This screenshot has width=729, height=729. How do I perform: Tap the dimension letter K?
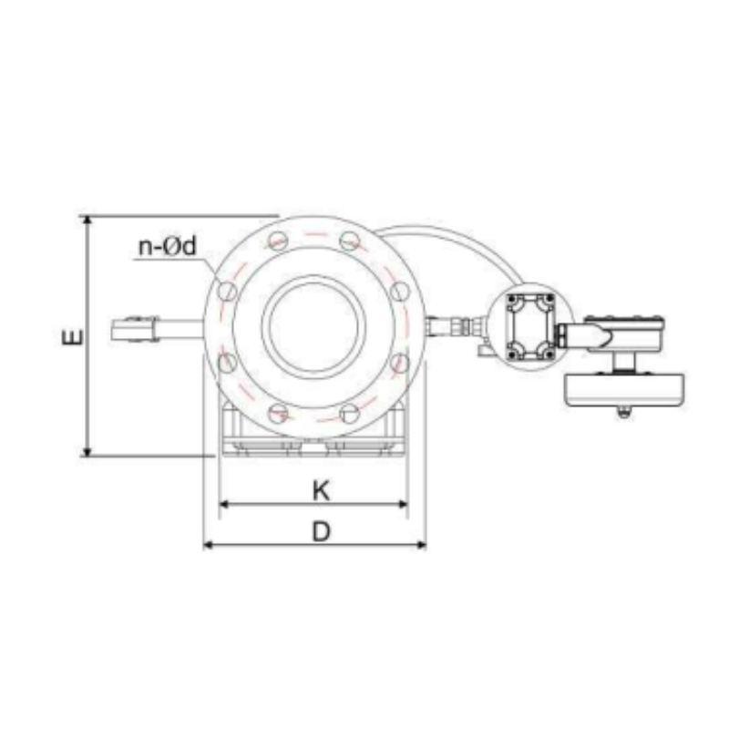321,490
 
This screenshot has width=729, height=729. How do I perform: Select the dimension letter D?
321,531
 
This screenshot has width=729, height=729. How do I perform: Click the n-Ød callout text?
168,246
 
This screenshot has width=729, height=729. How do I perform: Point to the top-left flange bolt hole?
278,241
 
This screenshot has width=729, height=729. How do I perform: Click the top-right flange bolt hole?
350,241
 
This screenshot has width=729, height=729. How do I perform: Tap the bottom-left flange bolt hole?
278,414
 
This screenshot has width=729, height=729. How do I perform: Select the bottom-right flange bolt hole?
350,414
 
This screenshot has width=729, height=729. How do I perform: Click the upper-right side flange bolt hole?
400,292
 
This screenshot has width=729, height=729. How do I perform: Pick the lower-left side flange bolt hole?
227,363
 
